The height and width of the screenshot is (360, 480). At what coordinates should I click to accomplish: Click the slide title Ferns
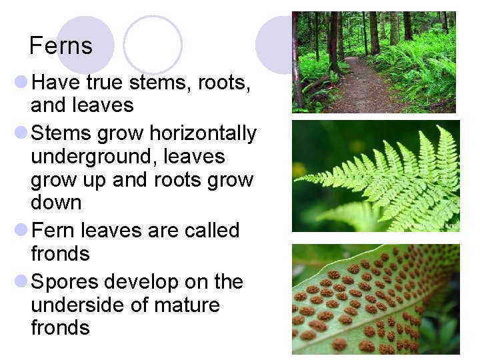tap(61, 46)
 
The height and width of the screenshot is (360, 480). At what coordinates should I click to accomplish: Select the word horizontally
tap(203, 133)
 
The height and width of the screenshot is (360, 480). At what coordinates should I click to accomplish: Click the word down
tap(56, 203)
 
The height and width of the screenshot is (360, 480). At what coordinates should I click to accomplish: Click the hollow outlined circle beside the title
tap(153, 45)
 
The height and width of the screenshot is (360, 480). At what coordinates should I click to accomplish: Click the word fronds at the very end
tap(60, 328)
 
